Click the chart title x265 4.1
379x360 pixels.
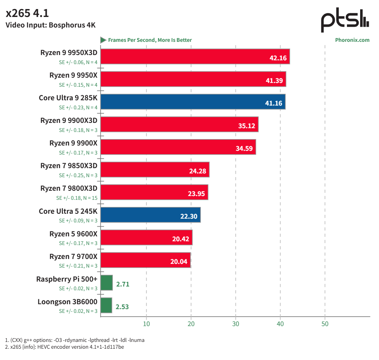click(28, 14)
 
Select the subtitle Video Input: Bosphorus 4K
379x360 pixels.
click(51, 26)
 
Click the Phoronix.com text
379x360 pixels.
click(352, 40)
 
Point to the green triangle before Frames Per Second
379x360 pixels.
click(103, 40)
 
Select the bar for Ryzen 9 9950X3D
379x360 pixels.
click(195, 57)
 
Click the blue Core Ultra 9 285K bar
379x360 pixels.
click(193, 102)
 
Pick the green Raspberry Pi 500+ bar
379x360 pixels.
click(107, 283)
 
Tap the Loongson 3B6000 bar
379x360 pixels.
click(106, 305)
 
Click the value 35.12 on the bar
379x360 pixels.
click(247, 126)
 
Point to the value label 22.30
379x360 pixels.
click(189, 216)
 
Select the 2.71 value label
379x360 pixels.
click(123, 284)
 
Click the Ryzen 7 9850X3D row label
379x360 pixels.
click(69, 166)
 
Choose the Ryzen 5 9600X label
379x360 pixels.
click(73, 234)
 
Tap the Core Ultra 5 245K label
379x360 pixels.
click(68, 211)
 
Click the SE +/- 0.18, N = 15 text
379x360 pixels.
click(77, 198)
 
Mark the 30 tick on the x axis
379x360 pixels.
click(236, 324)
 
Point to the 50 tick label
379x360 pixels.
click(325, 324)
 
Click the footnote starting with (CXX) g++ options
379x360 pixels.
click(75, 340)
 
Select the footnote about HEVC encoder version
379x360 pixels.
click(64, 347)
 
